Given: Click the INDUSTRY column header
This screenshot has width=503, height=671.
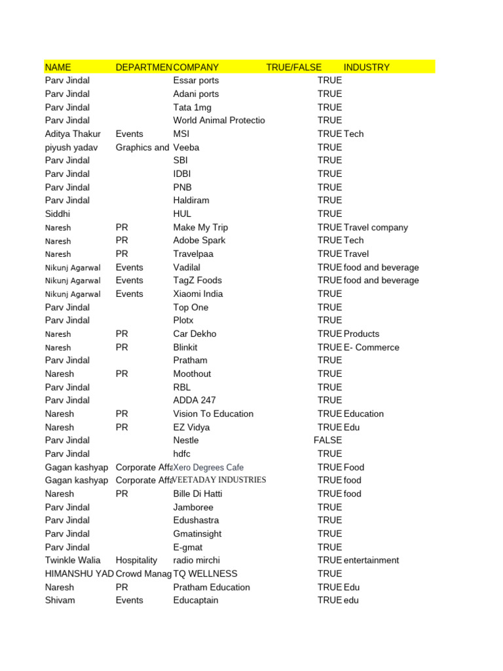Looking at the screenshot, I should (x=366, y=67).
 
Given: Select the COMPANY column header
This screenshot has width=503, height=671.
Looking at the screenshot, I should (x=196, y=67).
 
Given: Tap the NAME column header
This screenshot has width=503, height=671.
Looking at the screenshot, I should (x=58, y=67).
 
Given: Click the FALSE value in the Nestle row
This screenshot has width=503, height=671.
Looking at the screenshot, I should (x=328, y=440).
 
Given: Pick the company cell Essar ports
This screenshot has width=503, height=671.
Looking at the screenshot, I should (x=196, y=81).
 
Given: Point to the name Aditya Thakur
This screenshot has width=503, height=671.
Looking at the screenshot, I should (x=73, y=134).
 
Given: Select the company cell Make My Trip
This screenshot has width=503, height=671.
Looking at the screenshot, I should (x=200, y=227).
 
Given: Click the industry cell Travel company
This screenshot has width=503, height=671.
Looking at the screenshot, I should (x=375, y=227).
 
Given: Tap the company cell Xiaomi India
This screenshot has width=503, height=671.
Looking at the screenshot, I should (x=198, y=294).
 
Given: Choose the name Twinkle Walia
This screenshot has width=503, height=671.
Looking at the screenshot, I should (x=73, y=560).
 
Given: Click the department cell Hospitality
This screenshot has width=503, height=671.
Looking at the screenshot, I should (x=136, y=560).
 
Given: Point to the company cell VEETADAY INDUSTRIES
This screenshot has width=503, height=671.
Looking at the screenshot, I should (x=219, y=480).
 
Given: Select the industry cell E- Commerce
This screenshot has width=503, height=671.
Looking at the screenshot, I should (x=371, y=347).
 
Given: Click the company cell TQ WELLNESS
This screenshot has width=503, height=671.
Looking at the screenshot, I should (x=205, y=574).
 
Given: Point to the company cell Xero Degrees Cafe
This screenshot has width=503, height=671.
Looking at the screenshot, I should (x=208, y=467).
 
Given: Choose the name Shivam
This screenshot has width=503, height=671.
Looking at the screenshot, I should (x=59, y=600).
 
